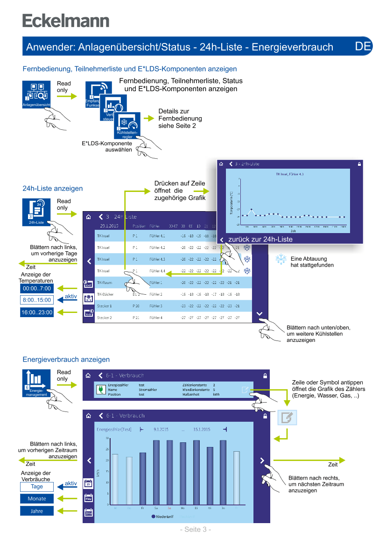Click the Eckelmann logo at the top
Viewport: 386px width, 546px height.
click(66, 21)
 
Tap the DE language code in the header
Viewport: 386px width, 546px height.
click(363, 46)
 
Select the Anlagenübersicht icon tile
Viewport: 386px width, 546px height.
click(36, 94)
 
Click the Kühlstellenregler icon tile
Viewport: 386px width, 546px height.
click(127, 126)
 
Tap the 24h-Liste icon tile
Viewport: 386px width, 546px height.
click(36, 212)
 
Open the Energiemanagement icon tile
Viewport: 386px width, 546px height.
click(36, 383)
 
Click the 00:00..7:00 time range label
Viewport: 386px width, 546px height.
click(37, 288)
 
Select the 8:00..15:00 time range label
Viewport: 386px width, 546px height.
click(37, 300)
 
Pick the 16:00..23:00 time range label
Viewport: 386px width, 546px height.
click(37, 312)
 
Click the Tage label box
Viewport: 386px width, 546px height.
click(37, 487)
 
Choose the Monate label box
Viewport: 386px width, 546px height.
click(37, 499)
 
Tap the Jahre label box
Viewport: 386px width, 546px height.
click(37, 511)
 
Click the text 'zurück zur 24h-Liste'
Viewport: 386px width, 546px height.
click(260, 239)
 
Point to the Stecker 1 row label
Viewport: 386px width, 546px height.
click(104, 306)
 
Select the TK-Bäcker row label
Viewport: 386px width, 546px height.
click(105, 294)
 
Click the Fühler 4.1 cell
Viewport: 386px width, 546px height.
click(157, 236)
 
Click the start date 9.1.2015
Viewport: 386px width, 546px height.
click(161, 429)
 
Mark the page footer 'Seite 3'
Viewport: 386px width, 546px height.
click(196, 529)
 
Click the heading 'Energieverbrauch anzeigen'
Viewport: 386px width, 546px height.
click(66, 360)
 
